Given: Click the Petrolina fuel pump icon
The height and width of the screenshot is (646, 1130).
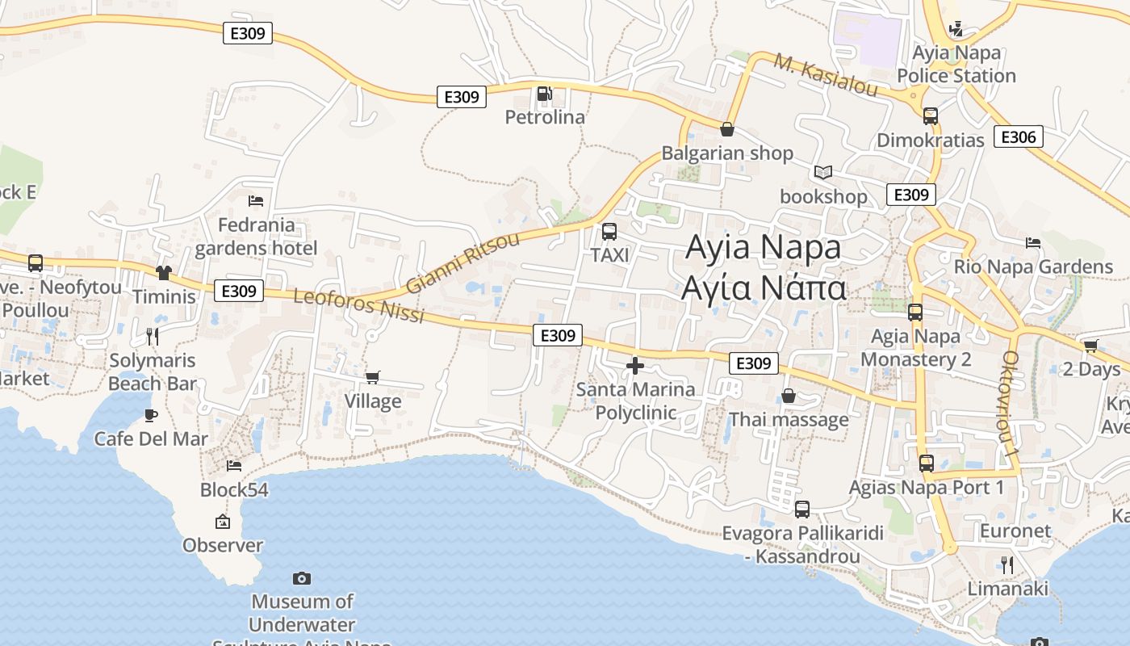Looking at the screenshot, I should coord(545,94).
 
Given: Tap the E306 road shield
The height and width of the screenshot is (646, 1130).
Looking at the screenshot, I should coord(1018,136).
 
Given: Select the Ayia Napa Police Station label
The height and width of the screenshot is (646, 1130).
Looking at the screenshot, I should coord(956,65).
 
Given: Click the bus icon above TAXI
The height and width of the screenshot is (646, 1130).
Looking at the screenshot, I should coord(609,232).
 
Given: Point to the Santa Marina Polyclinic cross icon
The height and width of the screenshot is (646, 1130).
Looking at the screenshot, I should coord(635,366).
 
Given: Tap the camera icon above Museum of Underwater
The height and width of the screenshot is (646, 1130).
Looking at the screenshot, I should coord(302,578).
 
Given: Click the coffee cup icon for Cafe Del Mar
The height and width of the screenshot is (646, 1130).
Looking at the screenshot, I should coord(150,415).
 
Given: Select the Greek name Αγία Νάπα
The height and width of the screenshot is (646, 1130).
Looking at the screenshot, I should coord(763,287).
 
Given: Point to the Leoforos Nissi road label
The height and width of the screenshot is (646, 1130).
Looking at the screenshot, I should coord(358,305).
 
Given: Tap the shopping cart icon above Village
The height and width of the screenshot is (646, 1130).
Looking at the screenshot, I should coord(373,377).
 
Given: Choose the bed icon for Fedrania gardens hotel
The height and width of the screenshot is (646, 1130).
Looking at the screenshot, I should coord(256,200).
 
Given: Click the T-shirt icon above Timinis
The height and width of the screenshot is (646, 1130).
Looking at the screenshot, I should coord(164,273).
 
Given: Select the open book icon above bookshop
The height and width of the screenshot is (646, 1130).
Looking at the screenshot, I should coord(823,172).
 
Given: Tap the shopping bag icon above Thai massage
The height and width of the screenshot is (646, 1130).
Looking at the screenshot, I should coord(789,396).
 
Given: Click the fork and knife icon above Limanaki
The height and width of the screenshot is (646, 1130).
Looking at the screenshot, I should coord(1007,564).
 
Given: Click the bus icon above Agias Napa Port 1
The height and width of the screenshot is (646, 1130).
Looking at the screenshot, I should coord(927,464).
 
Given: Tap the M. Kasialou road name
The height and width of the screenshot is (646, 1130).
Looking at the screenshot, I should coord(825,75).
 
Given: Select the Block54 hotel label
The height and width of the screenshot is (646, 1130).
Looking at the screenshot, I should coord(234,490).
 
